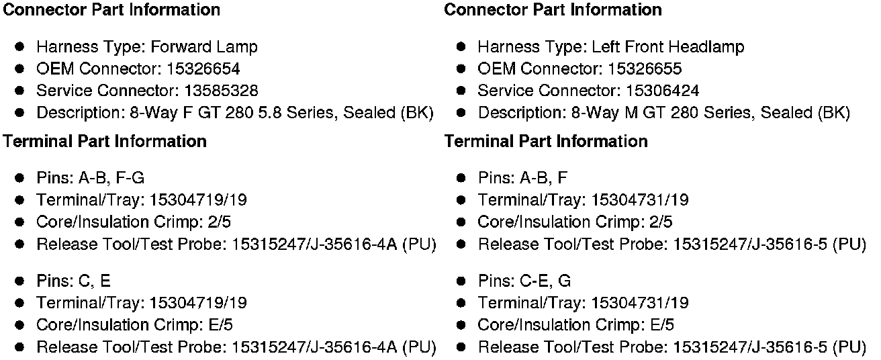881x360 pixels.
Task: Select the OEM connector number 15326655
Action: pyautogui.click(x=645, y=69)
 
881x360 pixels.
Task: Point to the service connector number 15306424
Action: pyautogui.click(x=662, y=91)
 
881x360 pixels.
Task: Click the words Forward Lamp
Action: pyautogui.click(x=204, y=47)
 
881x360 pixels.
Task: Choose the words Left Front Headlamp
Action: pyautogui.click(x=667, y=47)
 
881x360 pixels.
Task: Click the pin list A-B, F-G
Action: pyautogui.click(x=111, y=178)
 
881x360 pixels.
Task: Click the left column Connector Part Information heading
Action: pyautogui.click(x=111, y=10)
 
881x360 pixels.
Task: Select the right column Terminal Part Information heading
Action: pyautogui.click(x=546, y=141)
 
